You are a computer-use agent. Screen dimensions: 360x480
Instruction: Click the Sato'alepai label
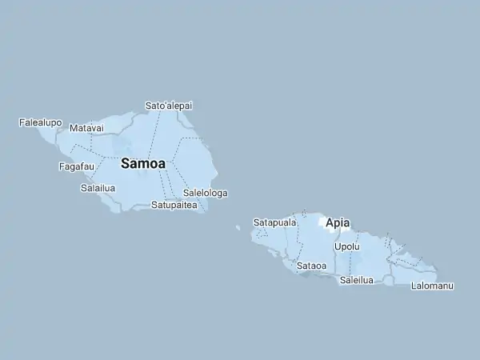(x=168, y=106)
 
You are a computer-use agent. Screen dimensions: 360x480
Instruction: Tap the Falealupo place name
(x=40, y=122)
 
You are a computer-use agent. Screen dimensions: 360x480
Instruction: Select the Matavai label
(x=86, y=128)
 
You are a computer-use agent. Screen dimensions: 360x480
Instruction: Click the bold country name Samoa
(x=143, y=163)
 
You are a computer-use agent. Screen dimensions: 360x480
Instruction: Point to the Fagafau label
(x=77, y=166)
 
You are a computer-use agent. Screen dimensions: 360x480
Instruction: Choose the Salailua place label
(x=98, y=188)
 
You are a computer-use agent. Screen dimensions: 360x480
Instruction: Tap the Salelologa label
(x=206, y=193)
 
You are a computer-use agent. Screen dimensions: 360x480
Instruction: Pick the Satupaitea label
(x=174, y=205)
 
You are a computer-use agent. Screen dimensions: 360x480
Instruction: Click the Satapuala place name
(x=274, y=222)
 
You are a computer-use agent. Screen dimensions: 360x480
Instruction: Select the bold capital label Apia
(x=338, y=223)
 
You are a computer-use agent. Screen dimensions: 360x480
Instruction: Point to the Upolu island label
(x=346, y=246)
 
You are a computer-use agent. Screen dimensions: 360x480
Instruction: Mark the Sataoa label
(x=311, y=265)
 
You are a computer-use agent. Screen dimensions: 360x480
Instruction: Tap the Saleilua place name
(x=357, y=280)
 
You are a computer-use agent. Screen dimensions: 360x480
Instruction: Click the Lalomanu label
(x=432, y=286)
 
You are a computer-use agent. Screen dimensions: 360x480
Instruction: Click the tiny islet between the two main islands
(x=238, y=227)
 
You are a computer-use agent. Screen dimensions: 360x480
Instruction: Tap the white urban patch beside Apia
(x=322, y=222)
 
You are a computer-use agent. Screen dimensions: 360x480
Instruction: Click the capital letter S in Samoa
(x=126, y=163)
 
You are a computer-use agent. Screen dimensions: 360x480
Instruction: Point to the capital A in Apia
(x=330, y=223)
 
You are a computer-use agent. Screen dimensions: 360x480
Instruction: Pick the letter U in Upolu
(x=337, y=246)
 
